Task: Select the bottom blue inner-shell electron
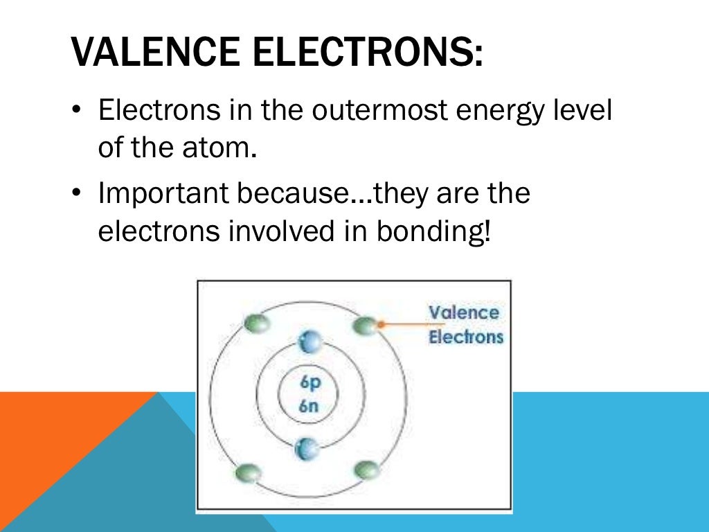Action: (307, 449)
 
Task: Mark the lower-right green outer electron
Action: (366, 470)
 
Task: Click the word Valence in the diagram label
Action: (463, 312)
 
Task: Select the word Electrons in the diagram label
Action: (466, 337)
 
